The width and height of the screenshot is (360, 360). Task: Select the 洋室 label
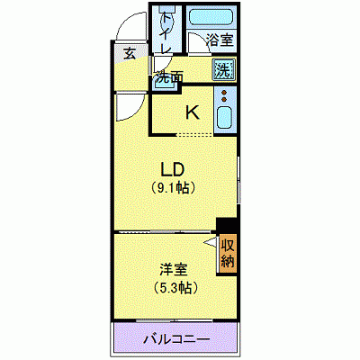point(174,269)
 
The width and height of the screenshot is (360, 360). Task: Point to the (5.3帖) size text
point(174,288)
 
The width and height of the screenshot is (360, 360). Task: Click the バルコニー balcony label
point(176,340)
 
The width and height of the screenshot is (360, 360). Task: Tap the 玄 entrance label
point(130,53)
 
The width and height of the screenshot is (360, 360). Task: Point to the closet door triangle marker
point(212,243)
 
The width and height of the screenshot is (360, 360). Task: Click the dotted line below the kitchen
point(195,134)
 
